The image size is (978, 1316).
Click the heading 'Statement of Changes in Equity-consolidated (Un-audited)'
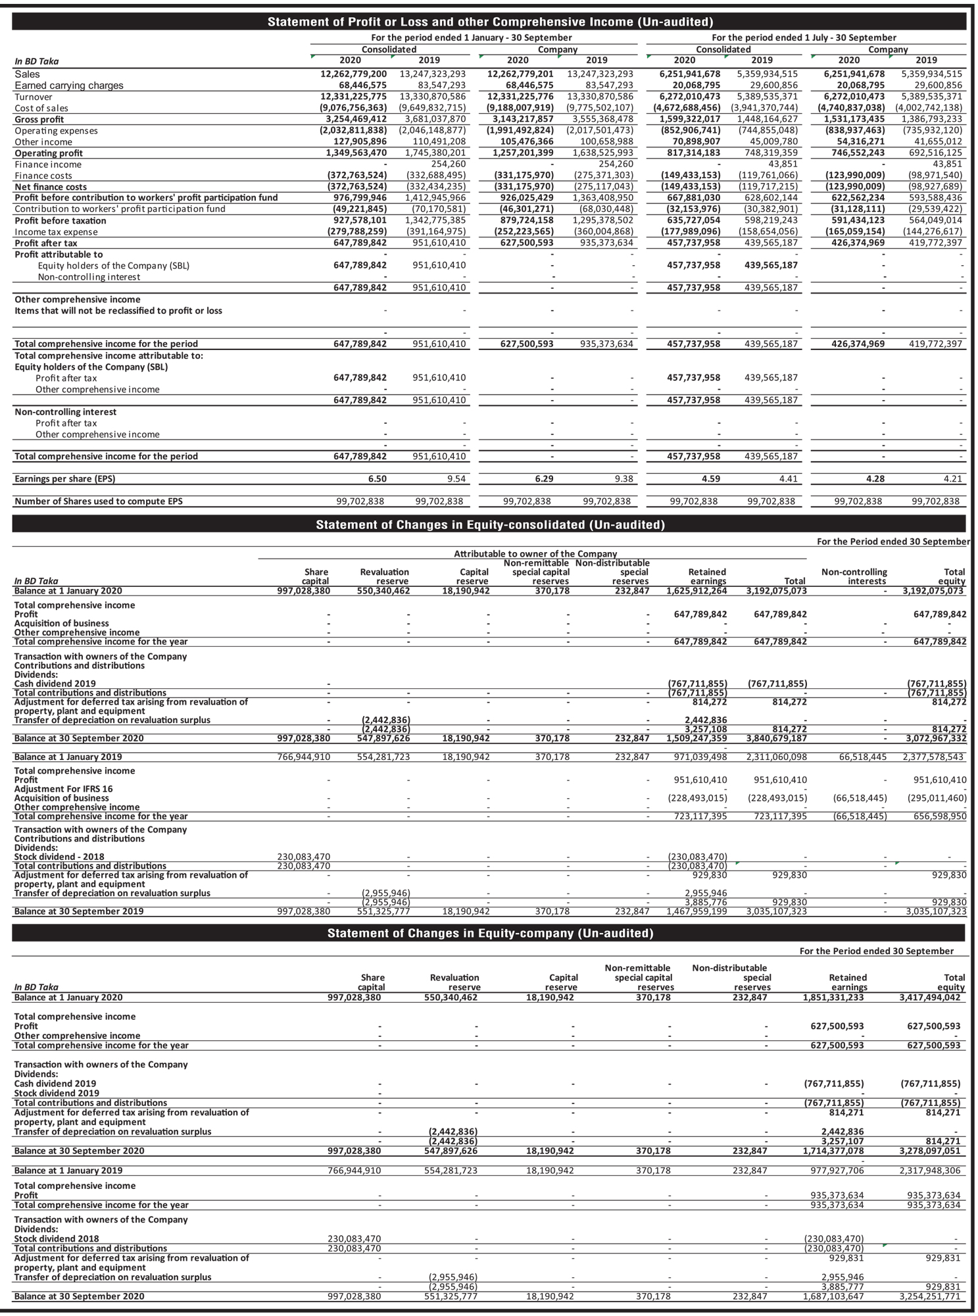pyautogui.click(x=490, y=524)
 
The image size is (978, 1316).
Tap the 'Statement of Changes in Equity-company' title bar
pyautogui.click(x=490, y=933)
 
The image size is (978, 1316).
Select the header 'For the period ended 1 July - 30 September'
pyautogui.click(x=804, y=38)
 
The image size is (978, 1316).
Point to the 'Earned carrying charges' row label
pyautogui.click(x=69, y=86)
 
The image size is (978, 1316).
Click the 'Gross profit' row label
pyautogui.click(x=39, y=120)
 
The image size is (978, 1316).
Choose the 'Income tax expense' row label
pyautogui.click(x=56, y=232)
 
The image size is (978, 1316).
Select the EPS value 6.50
pyautogui.click(x=377, y=479)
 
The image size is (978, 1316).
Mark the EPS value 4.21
pyautogui.click(x=952, y=479)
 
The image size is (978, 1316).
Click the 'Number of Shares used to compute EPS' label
pyautogui.click(x=99, y=501)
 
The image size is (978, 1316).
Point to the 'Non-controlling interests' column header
pyautogui.click(x=854, y=576)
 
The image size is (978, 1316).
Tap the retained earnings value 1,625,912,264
pyautogui.click(x=697, y=591)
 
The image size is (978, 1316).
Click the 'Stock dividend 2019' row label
pyautogui.click(x=57, y=1093)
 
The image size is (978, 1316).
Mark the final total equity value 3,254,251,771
pyautogui.click(x=929, y=1296)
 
